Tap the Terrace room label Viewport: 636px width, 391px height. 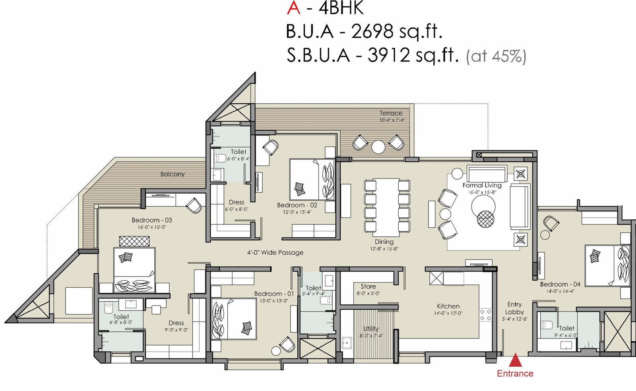coord(391,113)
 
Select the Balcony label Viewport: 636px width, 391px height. coord(173,174)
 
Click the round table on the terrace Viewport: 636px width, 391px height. coord(378,147)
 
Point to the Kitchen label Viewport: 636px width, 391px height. coord(448,306)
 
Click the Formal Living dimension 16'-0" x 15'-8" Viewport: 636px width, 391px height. coord(482,192)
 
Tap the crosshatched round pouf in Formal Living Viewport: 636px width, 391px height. coord(485,219)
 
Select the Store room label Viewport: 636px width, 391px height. coord(368,286)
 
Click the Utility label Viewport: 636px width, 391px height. coord(371,329)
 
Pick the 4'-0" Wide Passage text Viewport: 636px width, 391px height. coord(275,252)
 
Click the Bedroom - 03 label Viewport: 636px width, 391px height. coord(151,220)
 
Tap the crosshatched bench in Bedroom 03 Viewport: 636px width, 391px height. coord(134,241)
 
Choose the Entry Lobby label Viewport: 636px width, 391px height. coord(514,308)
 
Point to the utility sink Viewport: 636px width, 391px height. coord(347,343)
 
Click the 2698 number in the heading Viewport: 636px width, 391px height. coord(372,31)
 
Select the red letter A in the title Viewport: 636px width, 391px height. coord(293,8)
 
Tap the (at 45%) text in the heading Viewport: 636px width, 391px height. coord(496,56)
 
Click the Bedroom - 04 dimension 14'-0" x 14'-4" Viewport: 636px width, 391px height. coord(560,291)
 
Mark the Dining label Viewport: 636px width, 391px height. coord(384,242)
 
